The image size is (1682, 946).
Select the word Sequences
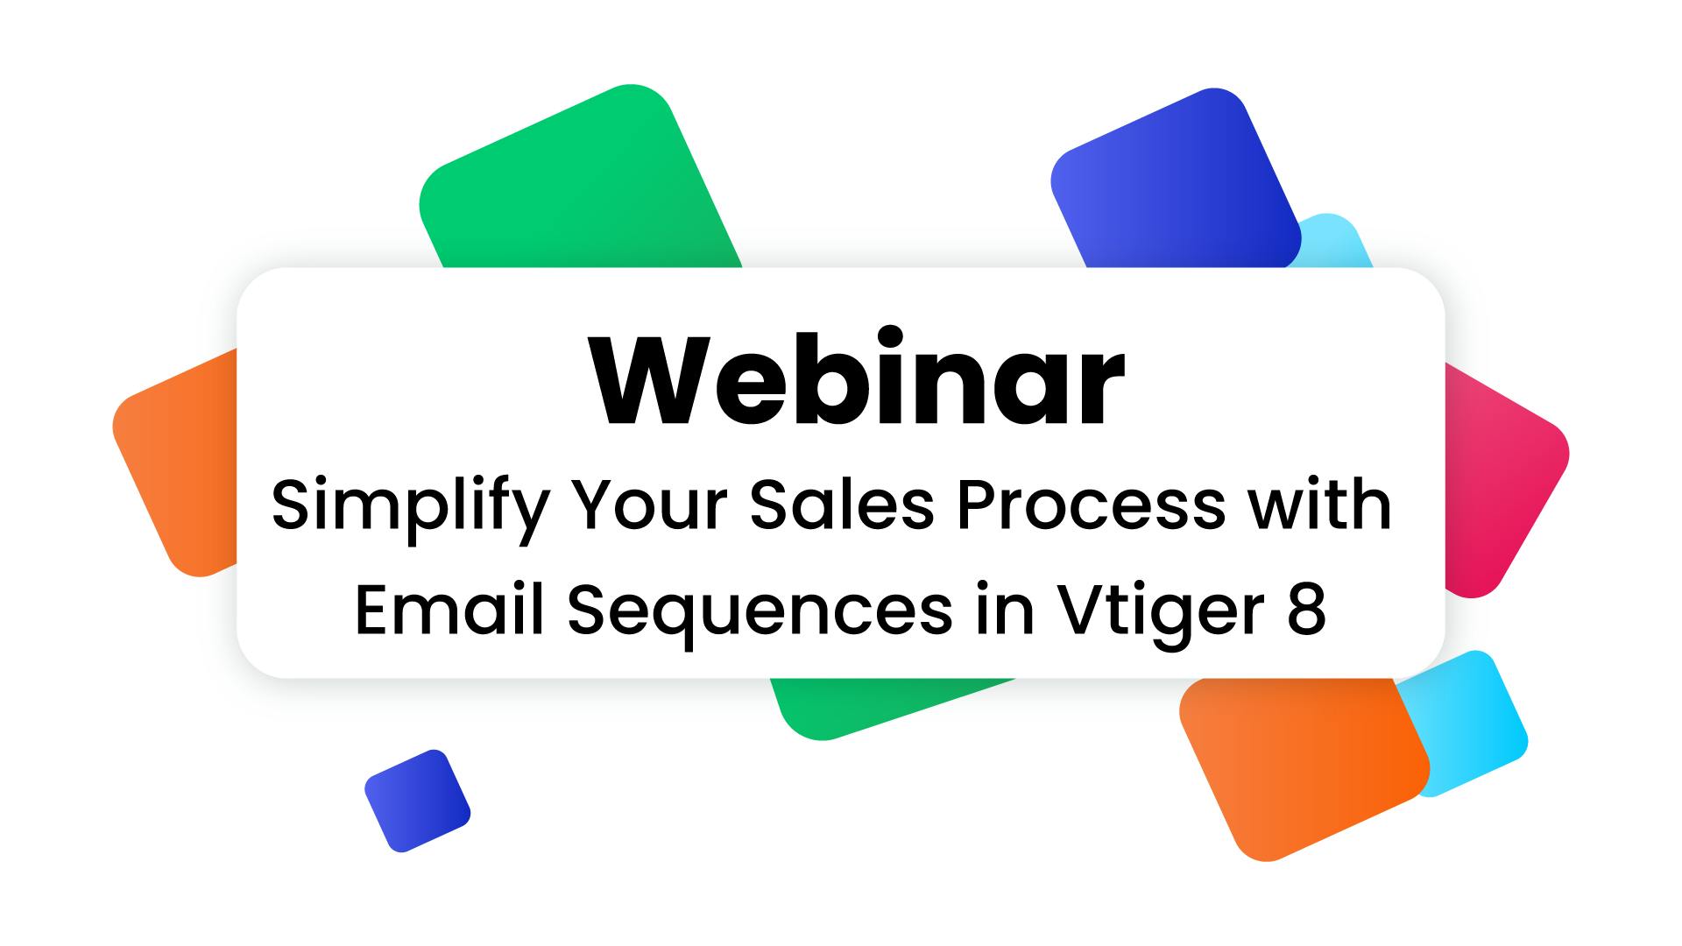760,612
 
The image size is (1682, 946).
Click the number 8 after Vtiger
1306,611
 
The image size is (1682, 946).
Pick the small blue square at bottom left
417,801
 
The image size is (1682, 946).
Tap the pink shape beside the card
1502,491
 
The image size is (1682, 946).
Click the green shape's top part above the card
578,184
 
